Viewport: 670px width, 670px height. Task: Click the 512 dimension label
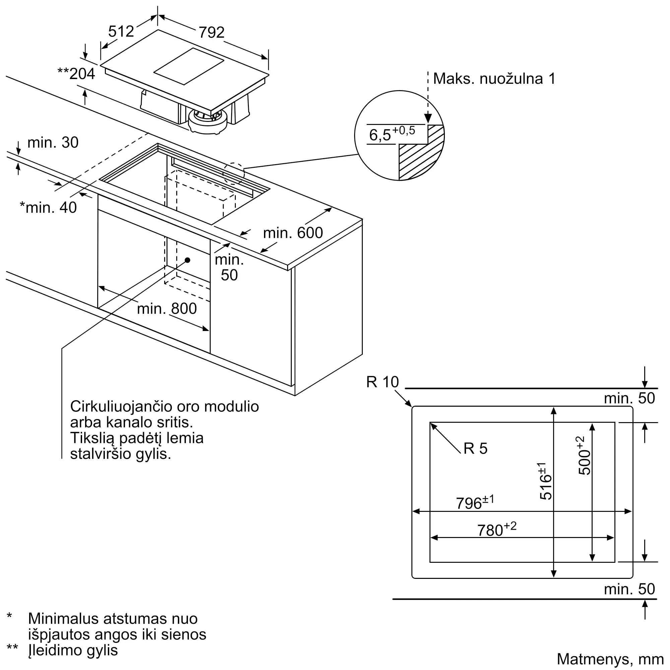tap(121, 31)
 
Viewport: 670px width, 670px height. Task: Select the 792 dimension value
tap(211, 32)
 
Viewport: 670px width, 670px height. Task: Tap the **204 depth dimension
tap(76, 73)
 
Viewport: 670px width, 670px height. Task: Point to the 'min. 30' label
tap(53, 142)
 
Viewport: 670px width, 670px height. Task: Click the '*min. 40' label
tap(48, 207)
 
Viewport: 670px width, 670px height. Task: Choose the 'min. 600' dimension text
tap(293, 233)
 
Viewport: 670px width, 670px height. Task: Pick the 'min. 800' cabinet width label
tap(167, 308)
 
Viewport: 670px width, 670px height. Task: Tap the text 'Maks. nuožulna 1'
tap(494, 79)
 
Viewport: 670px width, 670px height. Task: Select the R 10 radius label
tap(383, 382)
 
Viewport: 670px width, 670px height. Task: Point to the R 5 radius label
tap(475, 449)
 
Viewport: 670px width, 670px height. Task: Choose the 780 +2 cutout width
tap(496, 529)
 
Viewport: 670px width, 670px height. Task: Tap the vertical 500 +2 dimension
tap(584, 456)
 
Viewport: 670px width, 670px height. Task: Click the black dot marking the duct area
tap(188, 260)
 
